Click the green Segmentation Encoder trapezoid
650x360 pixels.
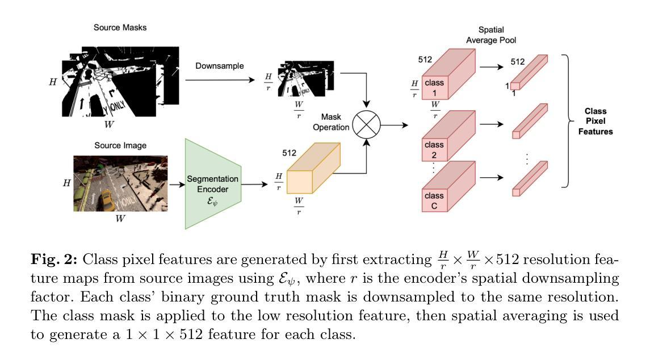tap(213, 184)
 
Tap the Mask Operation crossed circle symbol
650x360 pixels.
tap(367, 124)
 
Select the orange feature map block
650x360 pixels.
tap(313, 168)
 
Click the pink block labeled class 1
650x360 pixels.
tap(448, 74)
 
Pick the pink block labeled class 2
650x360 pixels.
tap(448, 136)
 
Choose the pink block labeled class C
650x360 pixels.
tap(448, 187)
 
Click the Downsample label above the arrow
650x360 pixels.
tap(220, 66)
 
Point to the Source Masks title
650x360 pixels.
tap(120, 27)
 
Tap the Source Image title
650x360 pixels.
tap(120, 145)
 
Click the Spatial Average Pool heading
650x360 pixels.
tap(491, 35)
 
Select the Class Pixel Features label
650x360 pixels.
tap(596, 121)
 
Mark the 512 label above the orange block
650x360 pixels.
tap(290, 153)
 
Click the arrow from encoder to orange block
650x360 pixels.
tap(254, 184)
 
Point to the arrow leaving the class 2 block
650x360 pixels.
tap(492, 124)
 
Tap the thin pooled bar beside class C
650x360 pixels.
tap(530, 179)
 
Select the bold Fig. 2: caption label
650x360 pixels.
tap(54, 259)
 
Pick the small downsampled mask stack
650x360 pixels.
tap(306, 78)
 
